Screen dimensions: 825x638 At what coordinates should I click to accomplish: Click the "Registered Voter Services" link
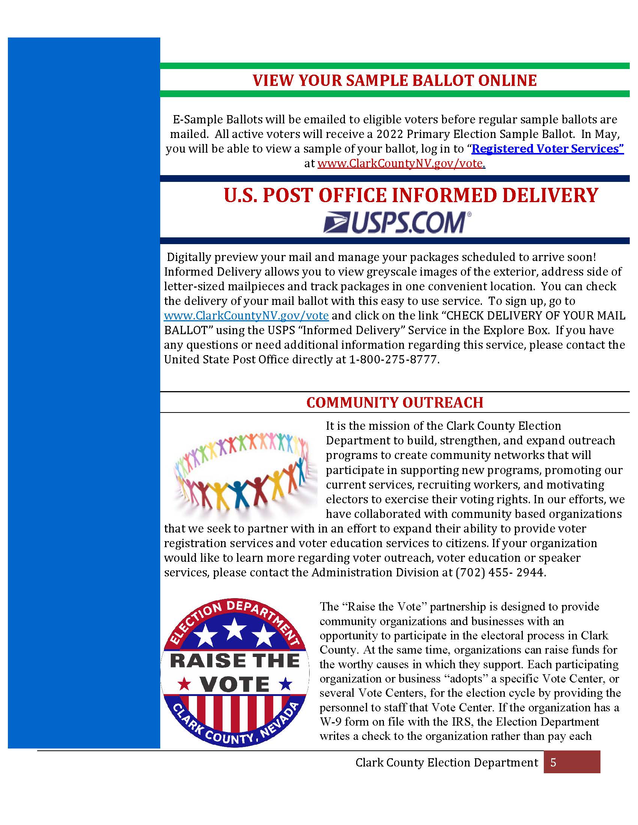tap(547, 149)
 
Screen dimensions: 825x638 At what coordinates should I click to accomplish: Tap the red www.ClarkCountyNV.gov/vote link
tap(401, 163)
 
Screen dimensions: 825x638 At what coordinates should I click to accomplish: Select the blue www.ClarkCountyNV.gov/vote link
tap(246, 315)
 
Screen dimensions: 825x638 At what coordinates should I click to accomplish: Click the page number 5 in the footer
tap(553, 763)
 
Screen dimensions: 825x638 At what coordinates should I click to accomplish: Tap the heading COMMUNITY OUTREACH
tap(394, 403)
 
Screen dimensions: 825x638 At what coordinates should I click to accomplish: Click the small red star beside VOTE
tap(185, 683)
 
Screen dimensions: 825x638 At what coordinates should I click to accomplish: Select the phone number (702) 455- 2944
tap(500, 572)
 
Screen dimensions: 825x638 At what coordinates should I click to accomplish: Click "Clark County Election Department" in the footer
tap(446, 763)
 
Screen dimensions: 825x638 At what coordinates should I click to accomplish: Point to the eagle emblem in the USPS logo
tap(336, 222)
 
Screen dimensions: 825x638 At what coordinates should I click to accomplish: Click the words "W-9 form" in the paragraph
tap(344, 722)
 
